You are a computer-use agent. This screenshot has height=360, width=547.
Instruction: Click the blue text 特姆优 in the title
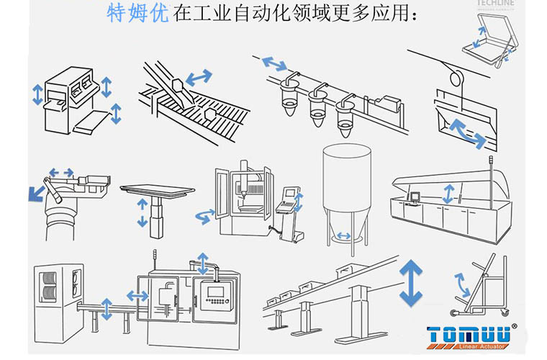pos(139,14)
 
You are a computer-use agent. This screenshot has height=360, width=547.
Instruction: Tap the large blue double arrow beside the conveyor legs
pos(411,283)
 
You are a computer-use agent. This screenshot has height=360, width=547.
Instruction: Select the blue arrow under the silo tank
pos(344,235)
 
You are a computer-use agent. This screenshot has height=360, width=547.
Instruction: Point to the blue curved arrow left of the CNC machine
pos(205,213)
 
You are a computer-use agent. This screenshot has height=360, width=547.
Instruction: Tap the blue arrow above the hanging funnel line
pos(273,63)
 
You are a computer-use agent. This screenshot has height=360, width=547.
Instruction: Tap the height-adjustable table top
pos(158,189)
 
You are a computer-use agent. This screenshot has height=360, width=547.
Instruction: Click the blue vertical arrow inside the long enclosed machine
pos(449,193)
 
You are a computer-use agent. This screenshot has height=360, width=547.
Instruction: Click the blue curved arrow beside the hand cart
pos(461,284)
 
